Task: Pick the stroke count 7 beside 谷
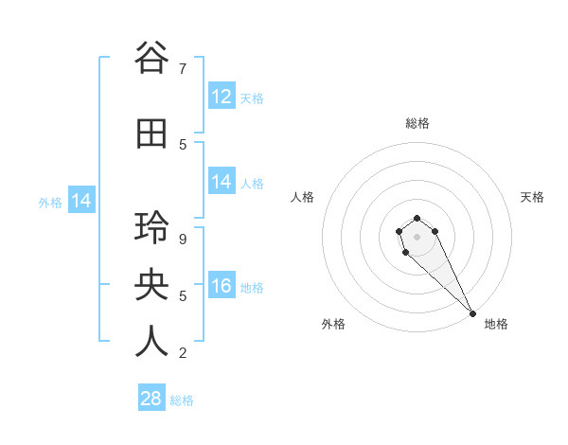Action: [x=182, y=69]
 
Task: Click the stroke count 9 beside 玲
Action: [x=182, y=240]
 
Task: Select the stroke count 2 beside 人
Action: [x=182, y=353]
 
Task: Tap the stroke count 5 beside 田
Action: [x=182, y=145]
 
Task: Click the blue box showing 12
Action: [x=222, y=96]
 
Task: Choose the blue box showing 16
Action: [x=222, y=286]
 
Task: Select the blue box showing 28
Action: [x=151, y=399]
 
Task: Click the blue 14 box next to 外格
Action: [x=81, y=201]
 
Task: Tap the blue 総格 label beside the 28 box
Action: [x=182, y=400]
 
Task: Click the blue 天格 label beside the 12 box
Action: [x=252, y=98]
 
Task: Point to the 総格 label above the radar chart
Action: [x=417, y=123]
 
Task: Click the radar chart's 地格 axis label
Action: [x=496, y=324]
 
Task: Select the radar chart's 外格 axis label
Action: [x=333, y=324]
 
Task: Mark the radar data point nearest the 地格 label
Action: [x=472, y=313]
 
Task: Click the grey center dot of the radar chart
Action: [x=417, y=237]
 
